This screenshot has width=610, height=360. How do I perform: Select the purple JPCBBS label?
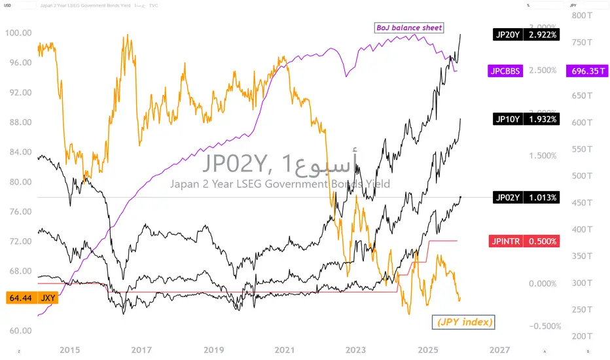click(x=505, y=71)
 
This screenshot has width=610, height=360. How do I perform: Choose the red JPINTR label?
click(x=505, y=241)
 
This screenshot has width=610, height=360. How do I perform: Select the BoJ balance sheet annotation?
click(x=409, y=28)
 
